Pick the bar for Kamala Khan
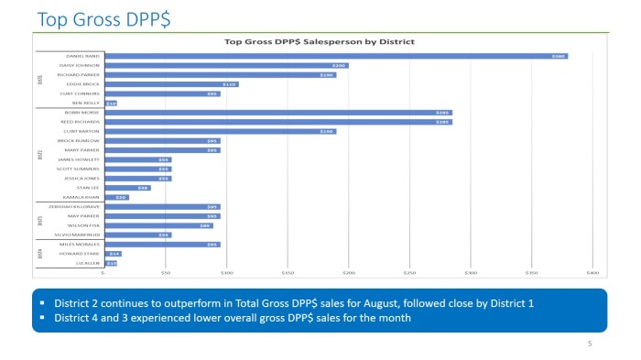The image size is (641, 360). pos(116,197)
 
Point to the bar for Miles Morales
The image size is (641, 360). pos(162,245)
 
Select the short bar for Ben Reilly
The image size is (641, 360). pos(111,104)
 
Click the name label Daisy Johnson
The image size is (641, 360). pos(81,66)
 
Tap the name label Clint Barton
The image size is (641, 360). pos(82,131)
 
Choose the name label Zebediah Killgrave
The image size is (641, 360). pos(77,207)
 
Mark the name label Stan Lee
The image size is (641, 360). pos(88,188)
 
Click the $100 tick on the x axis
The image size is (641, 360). pos(226,272)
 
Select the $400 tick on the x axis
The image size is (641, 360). pos(592,272)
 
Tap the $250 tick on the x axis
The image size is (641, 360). pos(408,272)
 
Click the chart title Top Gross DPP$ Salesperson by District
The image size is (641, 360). pos(320,41)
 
